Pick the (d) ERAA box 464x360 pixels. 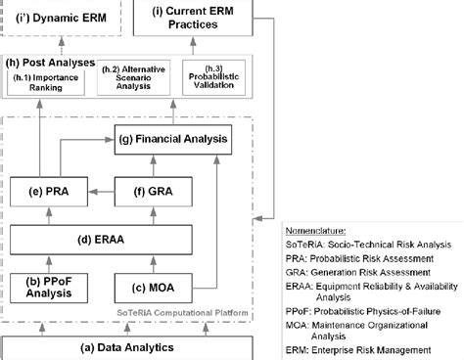113,238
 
